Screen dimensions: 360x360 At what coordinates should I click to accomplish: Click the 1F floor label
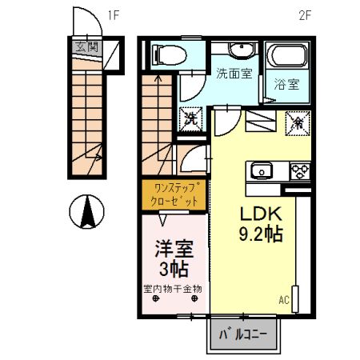coord(114,14)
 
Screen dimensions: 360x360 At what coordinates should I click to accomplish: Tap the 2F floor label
coord(304,14)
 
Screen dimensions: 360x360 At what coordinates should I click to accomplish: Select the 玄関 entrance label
coord(86,47)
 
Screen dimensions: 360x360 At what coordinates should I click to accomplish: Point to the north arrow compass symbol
coord(89,211)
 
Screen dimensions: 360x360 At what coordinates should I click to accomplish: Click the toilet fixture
coord(166,54)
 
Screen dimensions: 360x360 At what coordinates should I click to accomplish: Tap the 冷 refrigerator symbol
coord(294,122)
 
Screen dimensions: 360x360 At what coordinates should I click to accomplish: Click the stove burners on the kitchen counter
coord(299,170)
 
